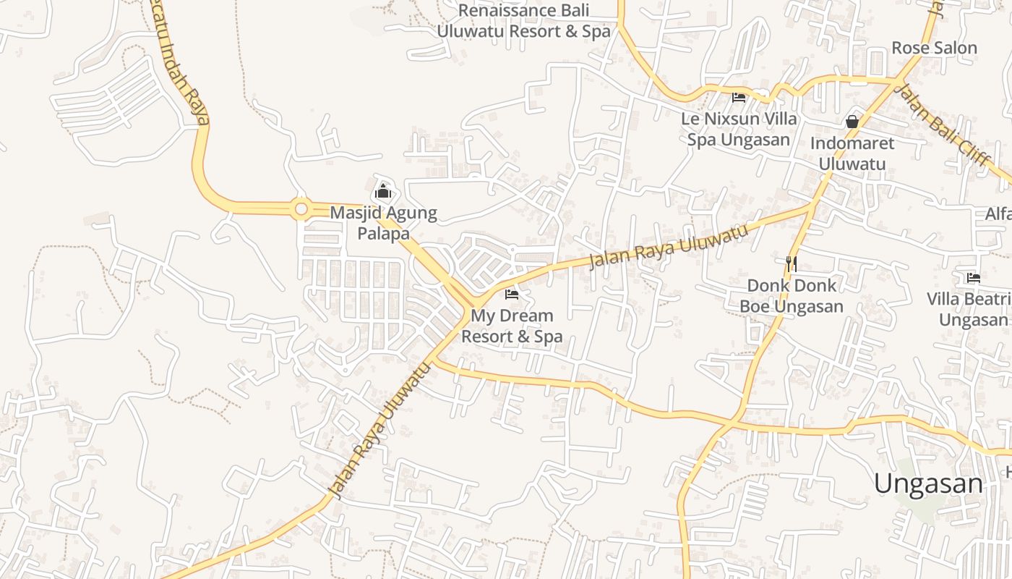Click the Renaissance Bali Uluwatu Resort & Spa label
coord(523,21)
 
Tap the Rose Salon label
coord(934,48)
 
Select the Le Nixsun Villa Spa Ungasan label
coord(739,129)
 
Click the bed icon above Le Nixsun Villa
coord(738,97)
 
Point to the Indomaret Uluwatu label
coord(852,153)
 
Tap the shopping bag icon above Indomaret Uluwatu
coord(852,122)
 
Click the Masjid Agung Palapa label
coord(383,223)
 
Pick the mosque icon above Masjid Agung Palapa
coord(383,192)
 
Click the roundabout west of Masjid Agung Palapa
coord(301,210)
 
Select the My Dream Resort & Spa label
coord(512,326)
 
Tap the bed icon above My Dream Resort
coord(512,294)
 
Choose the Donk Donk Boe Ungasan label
coord(791,295)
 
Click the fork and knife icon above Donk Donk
coord(792,263)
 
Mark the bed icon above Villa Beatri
coord(973,277)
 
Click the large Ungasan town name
coord(928,483)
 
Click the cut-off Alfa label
coord(998,214)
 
